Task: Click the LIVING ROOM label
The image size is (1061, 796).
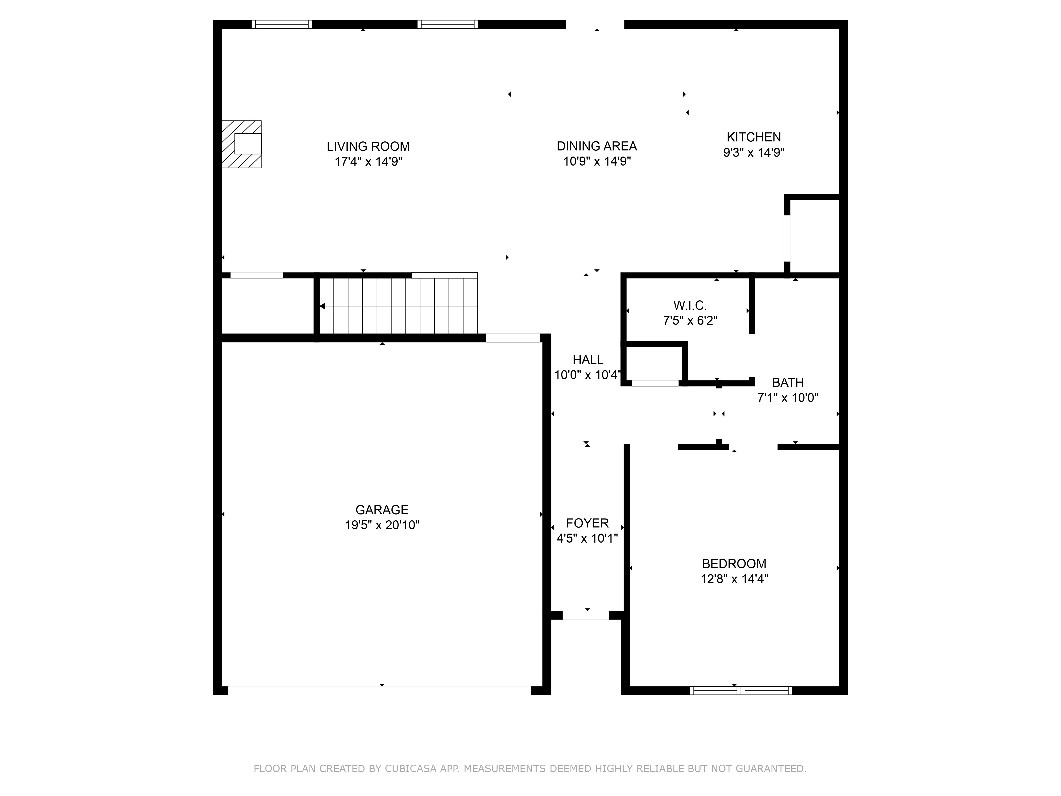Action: pyautogui.click(x=368, y=146)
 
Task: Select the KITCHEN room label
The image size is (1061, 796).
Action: pyautogui.click(x=754, y=137)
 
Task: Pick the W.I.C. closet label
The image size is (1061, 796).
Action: pyautogui.click(x=690, y=305)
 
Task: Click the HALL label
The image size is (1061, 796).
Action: pyautogui.click(x=588, y=360)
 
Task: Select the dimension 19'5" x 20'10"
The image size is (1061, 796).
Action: pyautogui.click(x=382, y=525)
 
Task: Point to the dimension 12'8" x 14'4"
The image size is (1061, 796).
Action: pyautogui.click(x=734, y=579)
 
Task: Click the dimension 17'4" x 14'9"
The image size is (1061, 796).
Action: pyautogui.click(x=368, y=162)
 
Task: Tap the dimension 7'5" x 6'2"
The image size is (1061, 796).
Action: pyautogui.click(x=690, y=321)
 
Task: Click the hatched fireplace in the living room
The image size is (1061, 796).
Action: pyautogui.click(x=242, y=144)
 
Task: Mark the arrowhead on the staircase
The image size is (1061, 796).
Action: pyautogui.click(x=323, y=306)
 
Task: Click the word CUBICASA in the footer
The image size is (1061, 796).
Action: pyautogui.click(x=410, y=769)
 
